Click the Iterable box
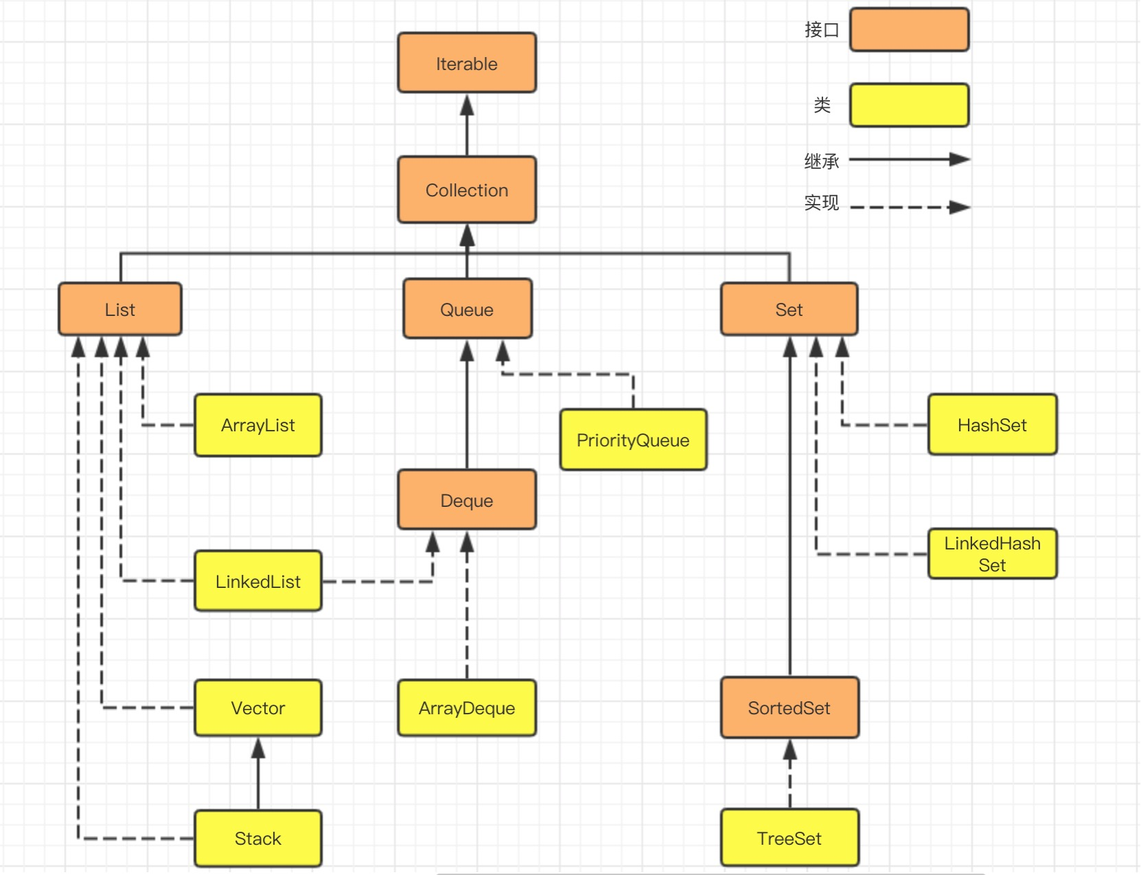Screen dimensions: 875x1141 coord(467,63)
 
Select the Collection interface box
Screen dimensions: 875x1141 coord(467,190)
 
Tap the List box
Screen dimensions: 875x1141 coord(120,309)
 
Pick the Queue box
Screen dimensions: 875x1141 coord(467,309)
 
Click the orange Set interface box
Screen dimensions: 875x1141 coord(789,309)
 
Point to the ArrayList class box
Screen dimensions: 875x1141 coord(258,425)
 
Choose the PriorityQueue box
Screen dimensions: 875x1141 coord(633,440)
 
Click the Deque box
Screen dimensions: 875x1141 coord(467,500)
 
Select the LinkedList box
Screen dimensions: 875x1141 coord(258,581)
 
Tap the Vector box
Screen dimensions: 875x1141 coord(258,707)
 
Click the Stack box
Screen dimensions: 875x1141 coord(258,838)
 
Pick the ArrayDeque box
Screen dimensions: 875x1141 coord(467,707)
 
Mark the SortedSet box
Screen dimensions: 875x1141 coord(789,707)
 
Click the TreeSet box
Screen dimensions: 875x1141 coord(789,838)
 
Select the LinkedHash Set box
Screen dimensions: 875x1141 coord(992,554)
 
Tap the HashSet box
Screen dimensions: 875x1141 coord(992,425)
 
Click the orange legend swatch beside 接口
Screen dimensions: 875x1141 coord(909,30)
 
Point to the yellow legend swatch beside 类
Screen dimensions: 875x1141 coord(909,105)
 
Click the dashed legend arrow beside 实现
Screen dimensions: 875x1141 coord(909,207)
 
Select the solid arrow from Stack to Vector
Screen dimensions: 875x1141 coord(258,773)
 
